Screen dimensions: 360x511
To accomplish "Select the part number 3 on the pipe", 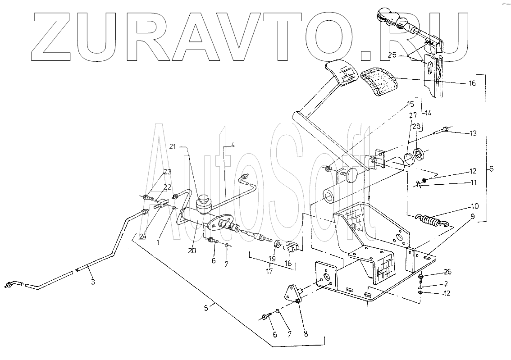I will [x=92, y=282].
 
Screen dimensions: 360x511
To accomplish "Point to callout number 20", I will [x=192, y=251].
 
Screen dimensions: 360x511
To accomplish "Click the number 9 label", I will [x=472, y=216].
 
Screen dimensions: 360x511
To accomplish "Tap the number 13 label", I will [x=472, y=133].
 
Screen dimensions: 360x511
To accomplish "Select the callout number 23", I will [x=167, y=172].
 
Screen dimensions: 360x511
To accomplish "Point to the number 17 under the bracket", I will [x=269, y=272].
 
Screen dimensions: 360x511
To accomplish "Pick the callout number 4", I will [x=233, y=145].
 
